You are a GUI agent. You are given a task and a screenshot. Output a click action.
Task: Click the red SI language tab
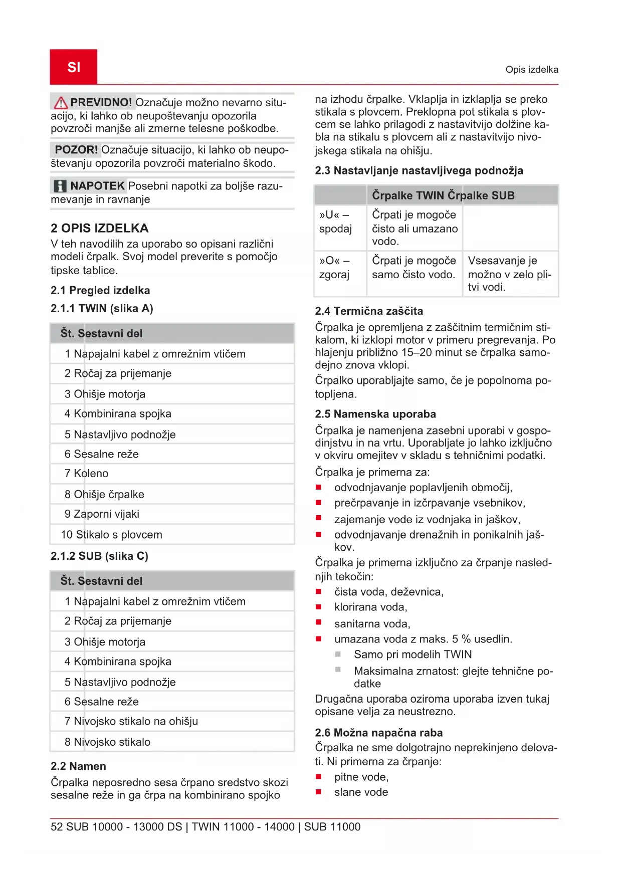pos(74,67)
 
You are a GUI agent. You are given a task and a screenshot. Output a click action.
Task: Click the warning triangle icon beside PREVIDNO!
pos(61,103)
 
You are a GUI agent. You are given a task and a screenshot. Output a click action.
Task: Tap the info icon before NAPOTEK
pos(60,186)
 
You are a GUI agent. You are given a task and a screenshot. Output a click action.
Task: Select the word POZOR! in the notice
pos(76,150)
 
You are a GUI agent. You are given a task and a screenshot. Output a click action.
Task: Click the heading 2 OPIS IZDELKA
pos(99,229)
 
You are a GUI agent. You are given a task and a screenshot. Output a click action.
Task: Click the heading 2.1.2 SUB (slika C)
pos(99,556)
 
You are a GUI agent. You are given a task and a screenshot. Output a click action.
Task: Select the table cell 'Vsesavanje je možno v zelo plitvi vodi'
pos(509,274)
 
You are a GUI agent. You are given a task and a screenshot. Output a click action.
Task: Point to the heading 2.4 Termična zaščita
pos(369,311)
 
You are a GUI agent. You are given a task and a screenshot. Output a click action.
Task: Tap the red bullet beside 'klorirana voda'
pos(318,607)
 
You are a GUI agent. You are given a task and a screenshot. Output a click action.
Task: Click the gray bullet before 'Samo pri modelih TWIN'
pos(338,654)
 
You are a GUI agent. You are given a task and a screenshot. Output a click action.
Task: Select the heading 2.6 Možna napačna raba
pos(378,733)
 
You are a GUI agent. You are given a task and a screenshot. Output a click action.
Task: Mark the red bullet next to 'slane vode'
pos(318,792)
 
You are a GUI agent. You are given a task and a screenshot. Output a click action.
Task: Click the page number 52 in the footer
pos(57,827)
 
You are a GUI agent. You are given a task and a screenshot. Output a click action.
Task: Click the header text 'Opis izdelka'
pos(531,70)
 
